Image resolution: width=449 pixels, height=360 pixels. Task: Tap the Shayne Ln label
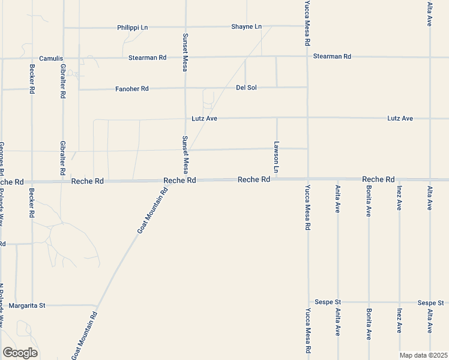click(247, 26)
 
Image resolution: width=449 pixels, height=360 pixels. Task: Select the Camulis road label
click(51, 58)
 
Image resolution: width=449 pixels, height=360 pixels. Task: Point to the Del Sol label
click(246, 88)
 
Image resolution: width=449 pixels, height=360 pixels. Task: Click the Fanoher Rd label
click(131, 89)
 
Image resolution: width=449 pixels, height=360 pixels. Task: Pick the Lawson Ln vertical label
click(277, 157)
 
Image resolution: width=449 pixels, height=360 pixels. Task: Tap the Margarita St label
click(27, 305)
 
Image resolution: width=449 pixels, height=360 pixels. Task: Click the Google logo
click(20, 353)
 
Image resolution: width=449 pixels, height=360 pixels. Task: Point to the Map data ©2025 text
click(424, 355)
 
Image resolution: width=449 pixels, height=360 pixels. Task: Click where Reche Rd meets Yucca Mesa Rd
click(308, 179)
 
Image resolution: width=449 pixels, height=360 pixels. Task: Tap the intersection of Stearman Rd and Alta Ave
click(430, 58)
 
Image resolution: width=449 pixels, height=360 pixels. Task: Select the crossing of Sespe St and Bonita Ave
click(369, 302)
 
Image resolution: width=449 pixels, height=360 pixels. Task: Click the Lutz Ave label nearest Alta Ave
click(400, 118)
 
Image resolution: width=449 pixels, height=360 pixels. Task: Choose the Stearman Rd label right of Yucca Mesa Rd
click(332, 56)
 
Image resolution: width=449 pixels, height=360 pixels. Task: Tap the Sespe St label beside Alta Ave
click(430, 302)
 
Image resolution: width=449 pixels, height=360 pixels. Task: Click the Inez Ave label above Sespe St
click(399, 198)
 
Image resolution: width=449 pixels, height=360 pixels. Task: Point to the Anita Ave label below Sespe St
click(338, 321)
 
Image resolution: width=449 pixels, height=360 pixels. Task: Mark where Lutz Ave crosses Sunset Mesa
click(185, 118)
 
